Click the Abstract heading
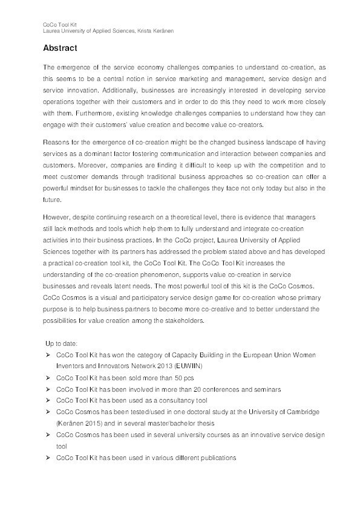click(62, 48)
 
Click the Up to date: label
click(65, 343)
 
